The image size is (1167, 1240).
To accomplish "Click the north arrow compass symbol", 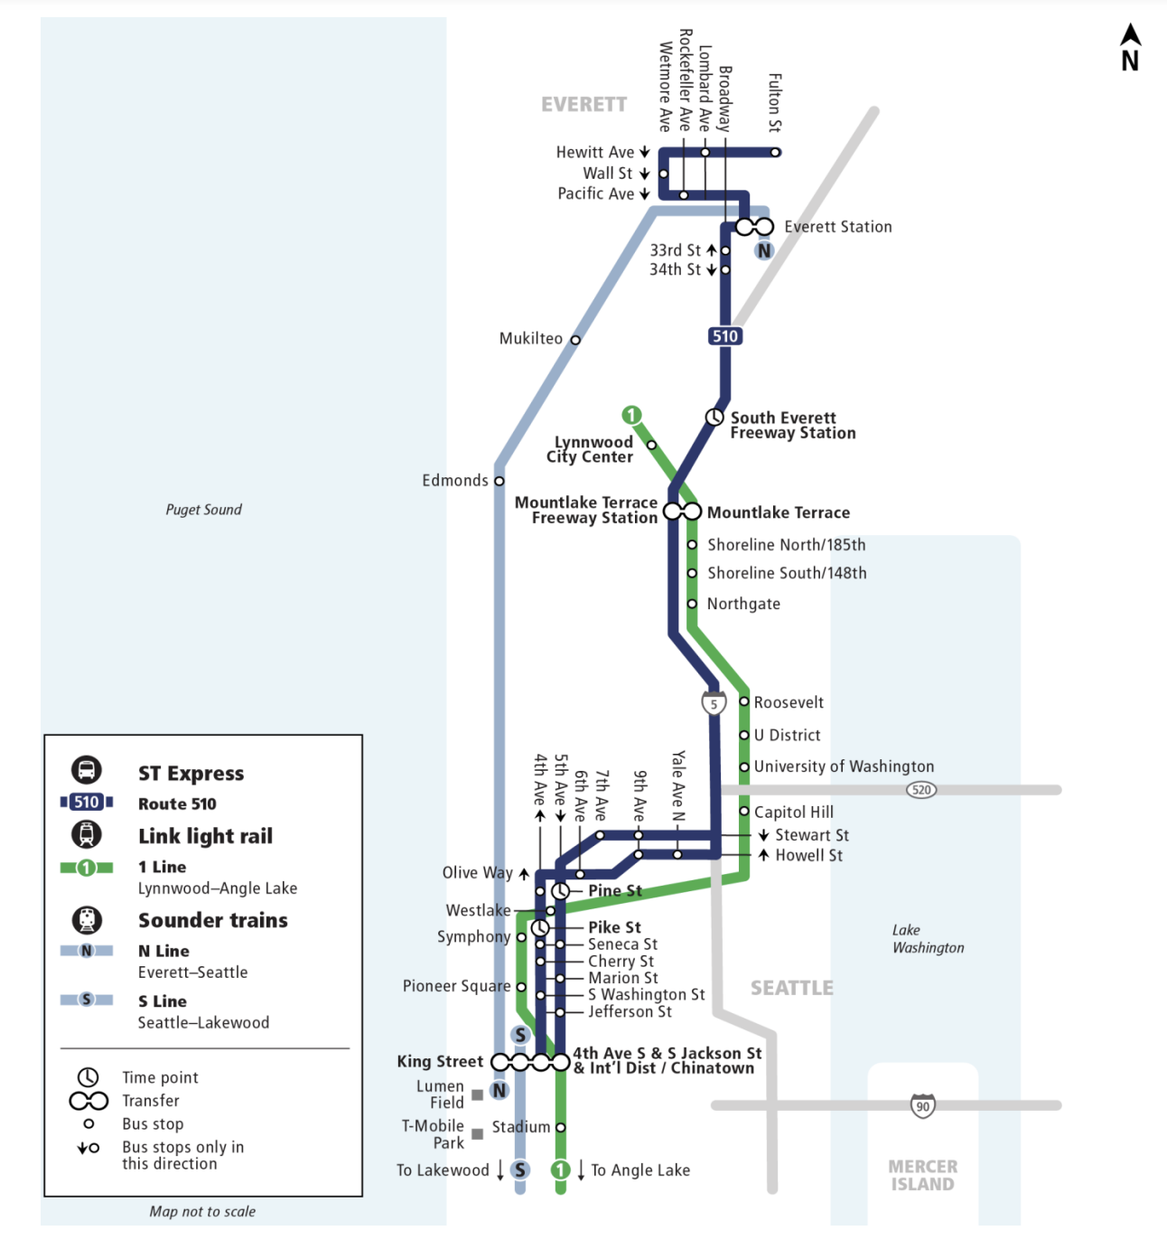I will tap(1130, 48).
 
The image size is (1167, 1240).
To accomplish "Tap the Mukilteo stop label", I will tap(530, 338).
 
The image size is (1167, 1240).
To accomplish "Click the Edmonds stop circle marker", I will tap(499, 481).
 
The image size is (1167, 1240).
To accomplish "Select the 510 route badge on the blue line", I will tap(724, 336).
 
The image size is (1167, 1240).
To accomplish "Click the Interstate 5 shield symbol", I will tap(714, 703).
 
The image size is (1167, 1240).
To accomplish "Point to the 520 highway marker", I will tap(920, 790).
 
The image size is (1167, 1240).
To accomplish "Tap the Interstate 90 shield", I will tap(922, 1105).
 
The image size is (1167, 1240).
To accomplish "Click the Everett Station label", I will tap(837, 227).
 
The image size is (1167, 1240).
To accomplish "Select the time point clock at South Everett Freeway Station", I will tap(714, 417).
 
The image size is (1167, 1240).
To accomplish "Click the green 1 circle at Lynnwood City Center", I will tap(631, 415).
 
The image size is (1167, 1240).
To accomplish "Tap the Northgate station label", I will tap(743, 604).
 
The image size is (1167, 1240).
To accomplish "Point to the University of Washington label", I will tap(844, 766).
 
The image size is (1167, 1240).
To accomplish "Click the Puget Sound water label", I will tap(203, 510).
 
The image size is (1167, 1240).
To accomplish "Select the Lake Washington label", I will tap(928, 939).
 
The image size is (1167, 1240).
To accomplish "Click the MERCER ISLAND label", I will tap(922, 1176).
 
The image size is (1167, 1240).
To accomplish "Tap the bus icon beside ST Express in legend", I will tap(87, 770).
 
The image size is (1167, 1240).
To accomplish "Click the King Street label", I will tap(440, 1061).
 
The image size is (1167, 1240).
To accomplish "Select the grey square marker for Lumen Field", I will tap(477, 1095).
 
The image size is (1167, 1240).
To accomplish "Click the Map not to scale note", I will tap(202, 1211).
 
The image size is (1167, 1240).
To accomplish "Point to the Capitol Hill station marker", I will tap(744, 812).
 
